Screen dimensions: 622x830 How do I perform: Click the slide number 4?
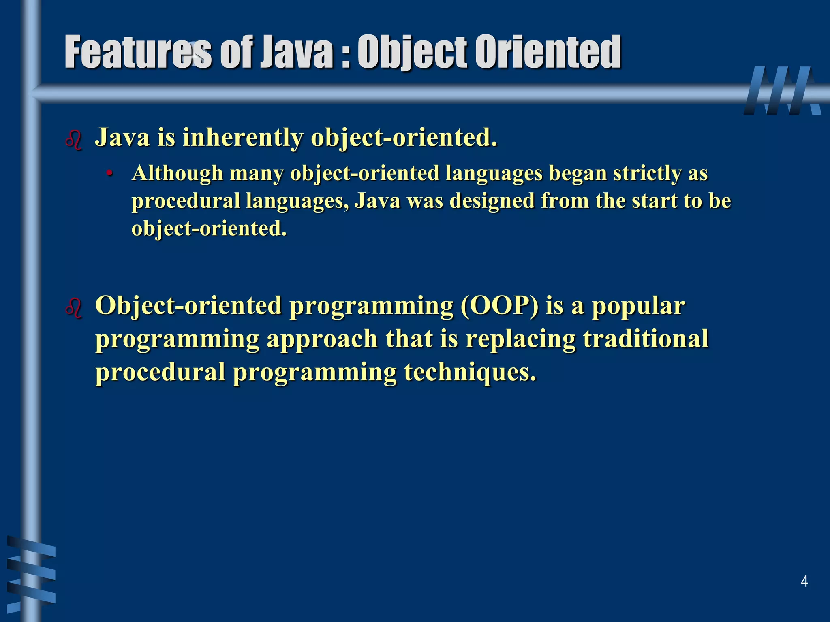click(x=804, y=582)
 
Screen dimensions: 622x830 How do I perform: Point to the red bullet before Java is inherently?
click(x=74, y=140)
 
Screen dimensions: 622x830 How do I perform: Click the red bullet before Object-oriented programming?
click(x=74, y=308)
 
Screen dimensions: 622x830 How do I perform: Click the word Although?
click(x=178, y=173)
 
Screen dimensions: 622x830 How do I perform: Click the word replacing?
click(x=520, y=339)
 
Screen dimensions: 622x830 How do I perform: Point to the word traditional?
click(x=646, y=339)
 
